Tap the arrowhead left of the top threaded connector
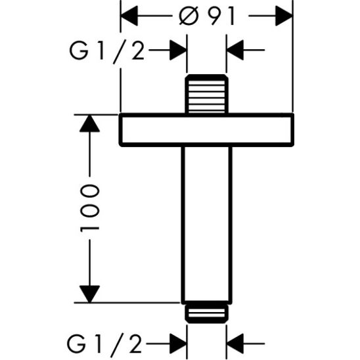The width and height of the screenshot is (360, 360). click(178, 49)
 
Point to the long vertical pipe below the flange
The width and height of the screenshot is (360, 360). click(207, 223)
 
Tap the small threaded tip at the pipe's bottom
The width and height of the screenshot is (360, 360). click(207, 313)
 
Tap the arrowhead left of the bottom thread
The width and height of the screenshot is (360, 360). click(178, 342)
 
